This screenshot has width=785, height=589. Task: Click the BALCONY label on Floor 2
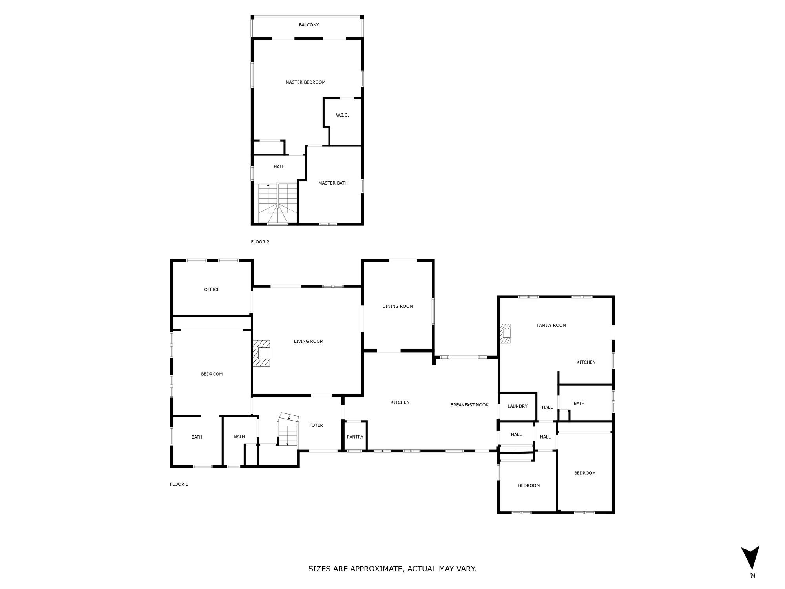point(309,25)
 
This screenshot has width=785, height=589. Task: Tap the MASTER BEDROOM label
point(305,82)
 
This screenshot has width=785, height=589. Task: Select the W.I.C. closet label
point(342,115)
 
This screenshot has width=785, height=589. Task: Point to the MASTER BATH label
point(333,183)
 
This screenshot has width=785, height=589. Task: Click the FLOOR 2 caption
point(260,242)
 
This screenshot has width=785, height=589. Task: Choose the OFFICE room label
point(212,289)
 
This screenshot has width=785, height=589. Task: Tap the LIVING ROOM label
point(309,341)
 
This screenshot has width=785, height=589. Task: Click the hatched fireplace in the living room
point(261,353)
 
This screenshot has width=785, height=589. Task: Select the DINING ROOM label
point(398,306)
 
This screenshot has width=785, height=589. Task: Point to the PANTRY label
point(355,437)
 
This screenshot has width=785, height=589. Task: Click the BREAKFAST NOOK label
point(469,405)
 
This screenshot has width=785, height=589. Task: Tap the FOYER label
point(316,425)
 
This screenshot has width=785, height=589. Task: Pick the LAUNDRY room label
point(517,406)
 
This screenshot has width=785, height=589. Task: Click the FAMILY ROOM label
point(551,325)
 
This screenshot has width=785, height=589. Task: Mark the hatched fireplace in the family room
point(505,333)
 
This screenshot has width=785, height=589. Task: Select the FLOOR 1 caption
point(179,484)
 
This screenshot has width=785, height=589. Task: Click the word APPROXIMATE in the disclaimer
point(376,569)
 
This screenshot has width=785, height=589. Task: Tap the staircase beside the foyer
point(288,430)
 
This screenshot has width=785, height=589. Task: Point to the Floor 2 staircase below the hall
point(277,203)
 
